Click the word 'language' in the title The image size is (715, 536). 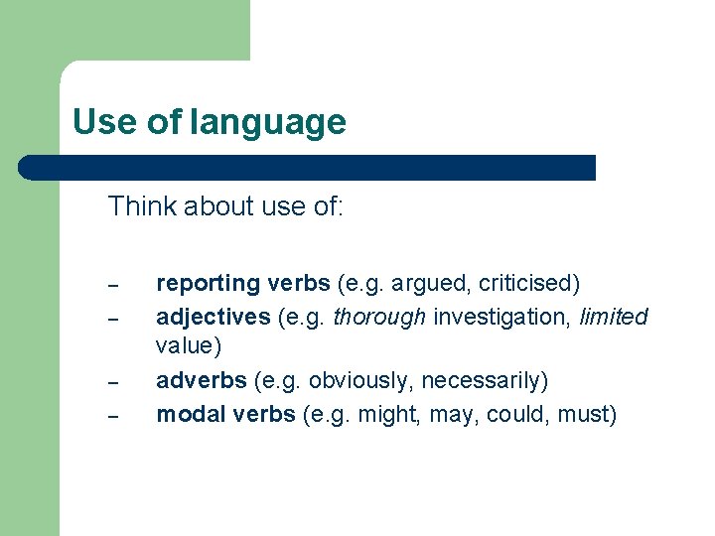coord(268,123)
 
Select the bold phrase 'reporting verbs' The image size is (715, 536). coord(243,284)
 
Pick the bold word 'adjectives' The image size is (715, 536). coord(213,317)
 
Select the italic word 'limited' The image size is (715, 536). coord(612,317)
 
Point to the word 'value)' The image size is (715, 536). coord(189,346)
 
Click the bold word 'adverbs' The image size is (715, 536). coord(202,381)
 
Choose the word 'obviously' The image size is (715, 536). coord(350,381)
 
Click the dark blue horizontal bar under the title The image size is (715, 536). coord(308,168)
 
